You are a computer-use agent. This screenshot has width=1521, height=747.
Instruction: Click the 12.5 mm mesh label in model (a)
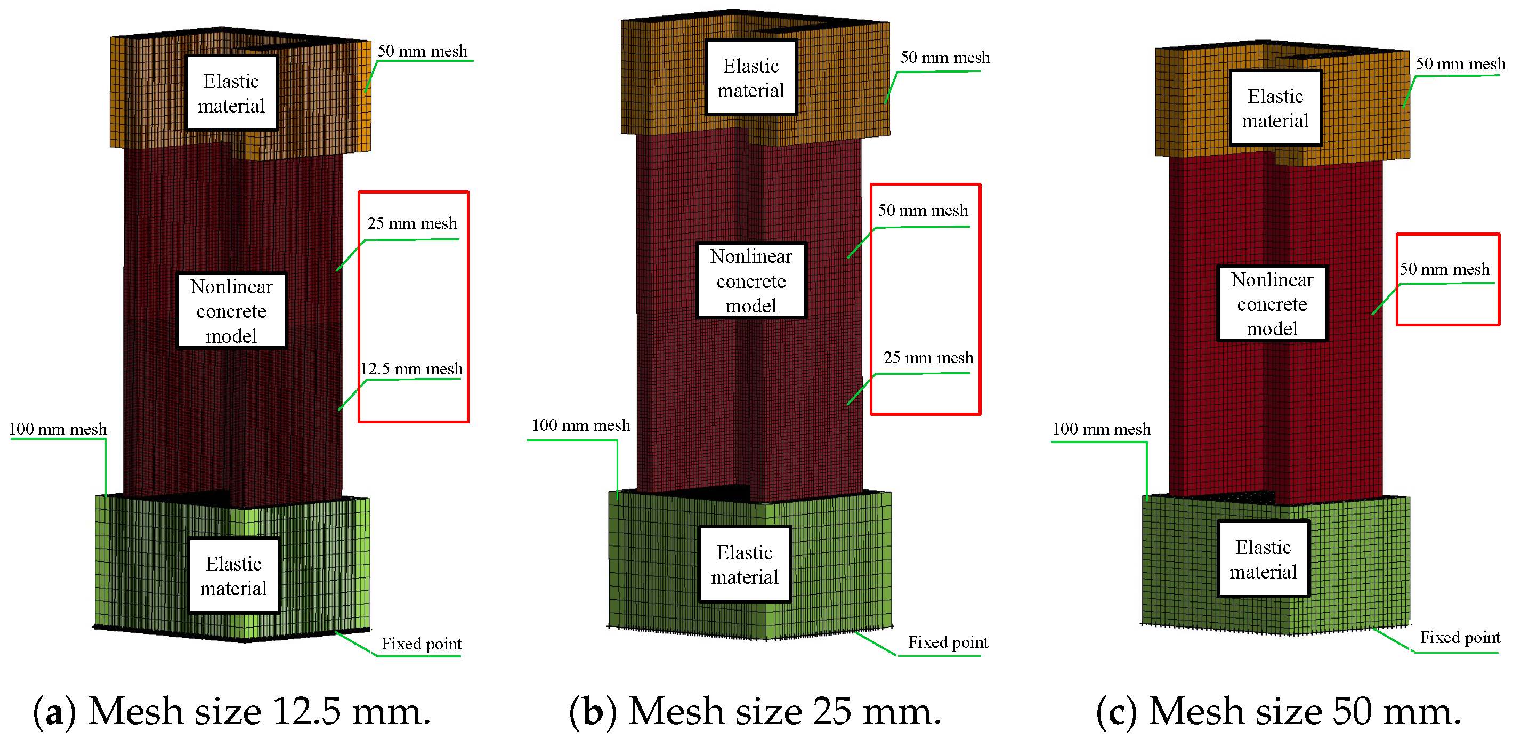(411, 369)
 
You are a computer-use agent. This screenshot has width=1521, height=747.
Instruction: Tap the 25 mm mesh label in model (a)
(412, 223)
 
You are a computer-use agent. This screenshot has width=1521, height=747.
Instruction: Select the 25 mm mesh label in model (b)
(928, 358)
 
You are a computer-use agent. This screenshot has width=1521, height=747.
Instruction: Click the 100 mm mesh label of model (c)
(1101, 429)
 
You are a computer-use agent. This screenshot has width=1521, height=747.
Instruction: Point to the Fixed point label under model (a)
(421, 644)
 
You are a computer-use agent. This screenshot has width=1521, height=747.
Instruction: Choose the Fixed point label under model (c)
(1459, 638)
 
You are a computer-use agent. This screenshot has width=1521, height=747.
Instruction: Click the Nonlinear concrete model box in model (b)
(750, 281)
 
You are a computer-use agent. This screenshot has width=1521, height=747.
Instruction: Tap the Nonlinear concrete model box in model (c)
(1271, 304)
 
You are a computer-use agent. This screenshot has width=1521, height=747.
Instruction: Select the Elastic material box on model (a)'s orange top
(231, 93)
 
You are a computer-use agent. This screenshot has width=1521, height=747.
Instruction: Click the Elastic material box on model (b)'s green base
(744, 565)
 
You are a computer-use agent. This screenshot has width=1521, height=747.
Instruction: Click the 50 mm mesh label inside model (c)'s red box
(1444, 269)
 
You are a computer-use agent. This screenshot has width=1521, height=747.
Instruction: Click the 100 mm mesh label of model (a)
(58, 429)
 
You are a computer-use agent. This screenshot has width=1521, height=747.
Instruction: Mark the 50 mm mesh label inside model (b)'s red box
(923, 211)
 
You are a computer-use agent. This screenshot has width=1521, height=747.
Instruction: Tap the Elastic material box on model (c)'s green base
(1263, 559)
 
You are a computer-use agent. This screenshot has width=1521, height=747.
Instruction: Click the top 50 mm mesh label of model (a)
(422, 51)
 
